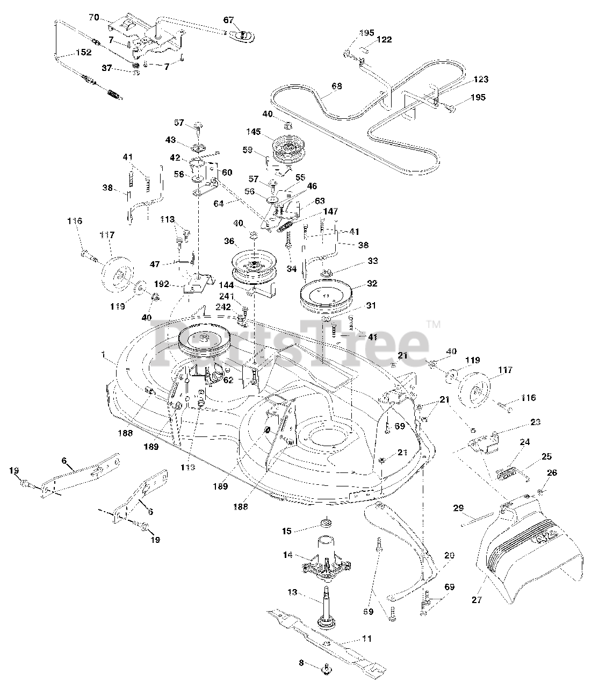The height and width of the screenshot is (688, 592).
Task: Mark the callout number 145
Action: [253, 132]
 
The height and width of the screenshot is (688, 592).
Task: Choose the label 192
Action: [161, 285]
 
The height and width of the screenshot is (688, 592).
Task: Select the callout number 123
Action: [481, 80]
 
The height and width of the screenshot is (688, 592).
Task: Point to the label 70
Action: [93, 18]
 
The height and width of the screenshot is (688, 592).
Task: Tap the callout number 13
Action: [292, 592]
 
